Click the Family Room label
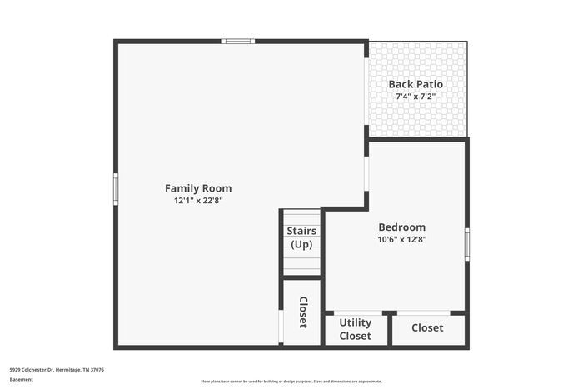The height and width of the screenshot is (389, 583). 198,188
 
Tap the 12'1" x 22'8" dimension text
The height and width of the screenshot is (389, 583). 198,201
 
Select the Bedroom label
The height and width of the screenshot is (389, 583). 401,227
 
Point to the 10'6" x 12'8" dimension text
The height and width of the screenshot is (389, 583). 401,240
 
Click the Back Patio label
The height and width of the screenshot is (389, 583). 416,84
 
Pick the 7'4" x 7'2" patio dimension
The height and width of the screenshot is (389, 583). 416,97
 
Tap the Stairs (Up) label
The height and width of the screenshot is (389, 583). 301,237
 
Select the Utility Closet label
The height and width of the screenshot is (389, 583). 356,329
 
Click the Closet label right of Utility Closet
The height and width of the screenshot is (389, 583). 427,328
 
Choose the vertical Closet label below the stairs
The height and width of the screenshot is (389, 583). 303,312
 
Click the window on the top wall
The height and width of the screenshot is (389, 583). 238,41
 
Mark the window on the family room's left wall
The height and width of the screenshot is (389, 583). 116,188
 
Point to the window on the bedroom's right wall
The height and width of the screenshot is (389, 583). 467,243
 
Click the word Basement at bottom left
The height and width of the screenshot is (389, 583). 22,380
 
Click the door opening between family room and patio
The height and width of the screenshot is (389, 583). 366,92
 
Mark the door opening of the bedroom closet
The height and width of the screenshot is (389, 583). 423,313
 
